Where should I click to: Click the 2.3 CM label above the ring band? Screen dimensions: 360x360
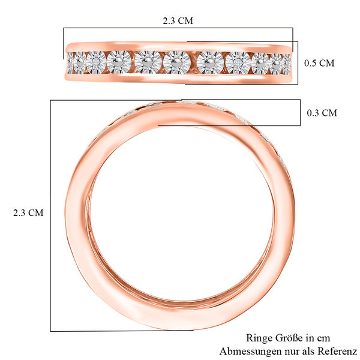pos(178,20)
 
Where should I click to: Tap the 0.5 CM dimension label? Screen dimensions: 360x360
pos(319,63)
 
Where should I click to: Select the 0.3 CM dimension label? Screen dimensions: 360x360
pos(322,113)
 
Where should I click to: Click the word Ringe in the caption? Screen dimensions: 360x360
pos(259,338)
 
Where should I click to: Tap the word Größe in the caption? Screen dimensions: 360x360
pos(287,338)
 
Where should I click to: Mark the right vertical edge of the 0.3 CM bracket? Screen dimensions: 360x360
pos(300,113)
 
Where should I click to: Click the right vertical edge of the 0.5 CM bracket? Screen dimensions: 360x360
pos(298,63)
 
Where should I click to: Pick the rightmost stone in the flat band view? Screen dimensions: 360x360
pos(284,62)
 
